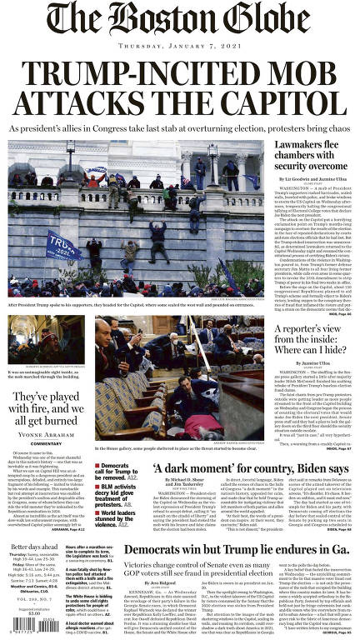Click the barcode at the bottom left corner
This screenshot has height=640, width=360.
point(18,630)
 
